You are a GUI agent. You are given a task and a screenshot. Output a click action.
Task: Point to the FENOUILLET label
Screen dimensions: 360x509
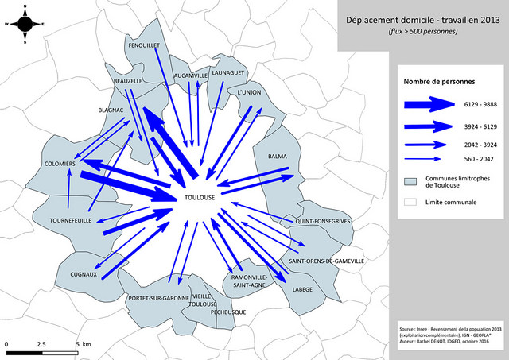(144, 46)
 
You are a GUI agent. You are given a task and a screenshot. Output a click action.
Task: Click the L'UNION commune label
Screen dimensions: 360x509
(249, 92)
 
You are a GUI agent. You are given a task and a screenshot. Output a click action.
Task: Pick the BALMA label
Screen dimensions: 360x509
(278, 156)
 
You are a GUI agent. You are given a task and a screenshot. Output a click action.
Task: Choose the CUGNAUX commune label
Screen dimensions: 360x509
(83, 275)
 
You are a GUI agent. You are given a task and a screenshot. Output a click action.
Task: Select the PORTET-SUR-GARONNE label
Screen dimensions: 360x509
(157, 298)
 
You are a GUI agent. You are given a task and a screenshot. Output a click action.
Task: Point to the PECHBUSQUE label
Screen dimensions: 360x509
(226, 312)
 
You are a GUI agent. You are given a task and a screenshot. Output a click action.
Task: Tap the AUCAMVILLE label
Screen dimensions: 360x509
(191, 75)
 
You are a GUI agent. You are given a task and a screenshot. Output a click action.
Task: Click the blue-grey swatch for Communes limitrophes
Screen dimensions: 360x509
(410, 182)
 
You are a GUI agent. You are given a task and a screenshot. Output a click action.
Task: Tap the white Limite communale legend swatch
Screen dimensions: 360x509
(410, 203)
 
